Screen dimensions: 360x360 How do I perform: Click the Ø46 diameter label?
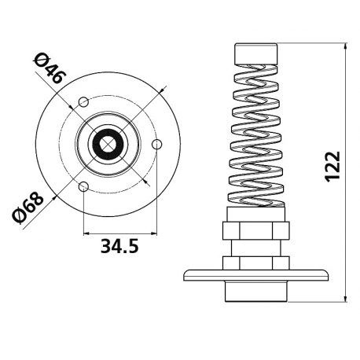click(x=52, y=69)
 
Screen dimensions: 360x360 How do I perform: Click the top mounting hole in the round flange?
click(x=83, y=101)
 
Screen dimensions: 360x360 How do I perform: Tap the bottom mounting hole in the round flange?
click(x=83, y=186)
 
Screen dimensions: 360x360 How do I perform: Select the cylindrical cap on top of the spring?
click(x=257, y=54)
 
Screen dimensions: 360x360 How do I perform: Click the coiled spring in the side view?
click(x=257, y=134)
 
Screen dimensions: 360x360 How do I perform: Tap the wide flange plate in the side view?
click(x=257, y=275)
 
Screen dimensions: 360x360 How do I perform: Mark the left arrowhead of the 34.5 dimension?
click(x=86, y=233)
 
